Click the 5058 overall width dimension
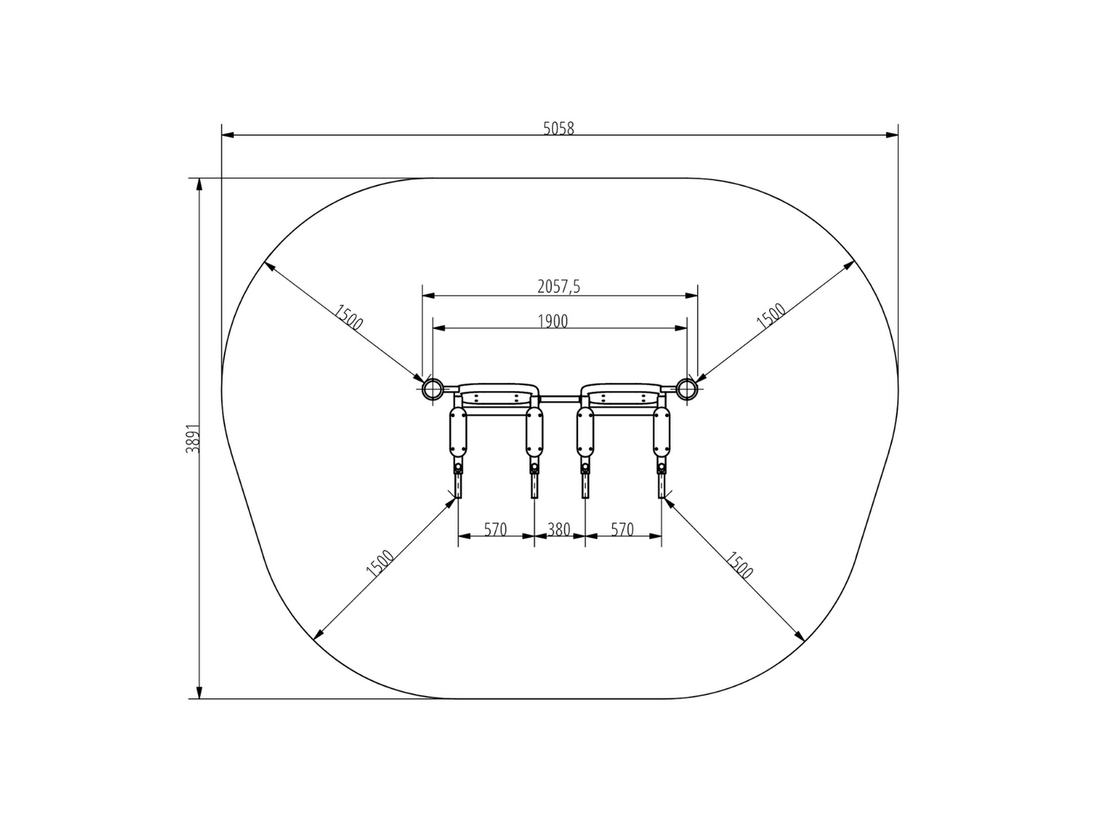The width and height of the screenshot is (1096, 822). click(x=559, y=128)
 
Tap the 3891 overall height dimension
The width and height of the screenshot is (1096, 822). click(x=193, y=439)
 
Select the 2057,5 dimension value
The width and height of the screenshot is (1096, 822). click(x=559, y=286)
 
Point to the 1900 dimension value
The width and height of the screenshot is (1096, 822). click(x=553, y=321)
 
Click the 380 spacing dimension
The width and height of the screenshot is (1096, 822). click(x=559, y=529)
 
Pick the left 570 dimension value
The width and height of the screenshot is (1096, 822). click(x=495, y=529)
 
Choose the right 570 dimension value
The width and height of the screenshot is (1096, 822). click(x=622, y=529)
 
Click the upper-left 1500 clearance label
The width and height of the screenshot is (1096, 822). click(x=348, y=318)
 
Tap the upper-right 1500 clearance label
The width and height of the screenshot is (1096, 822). click(x=771, y=316)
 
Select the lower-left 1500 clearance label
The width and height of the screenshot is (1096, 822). click(x=380, y=563)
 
